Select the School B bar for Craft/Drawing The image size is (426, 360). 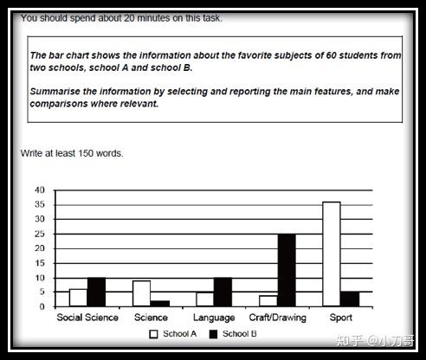pos(287,270)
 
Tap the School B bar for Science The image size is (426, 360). pos(158,303)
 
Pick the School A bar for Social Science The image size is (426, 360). pos(78,298)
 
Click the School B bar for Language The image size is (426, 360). pos(223,292)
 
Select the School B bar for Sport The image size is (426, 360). pos(349,299)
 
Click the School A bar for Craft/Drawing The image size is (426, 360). pos(268,301)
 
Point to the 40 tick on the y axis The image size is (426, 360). pos(39,190)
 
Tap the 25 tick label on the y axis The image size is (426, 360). pos(39,234)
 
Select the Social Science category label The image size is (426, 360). pos(87,318)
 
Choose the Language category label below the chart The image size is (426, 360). pos(213,318)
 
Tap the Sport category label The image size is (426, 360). pos(340,318)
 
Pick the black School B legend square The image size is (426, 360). pos(214,333)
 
